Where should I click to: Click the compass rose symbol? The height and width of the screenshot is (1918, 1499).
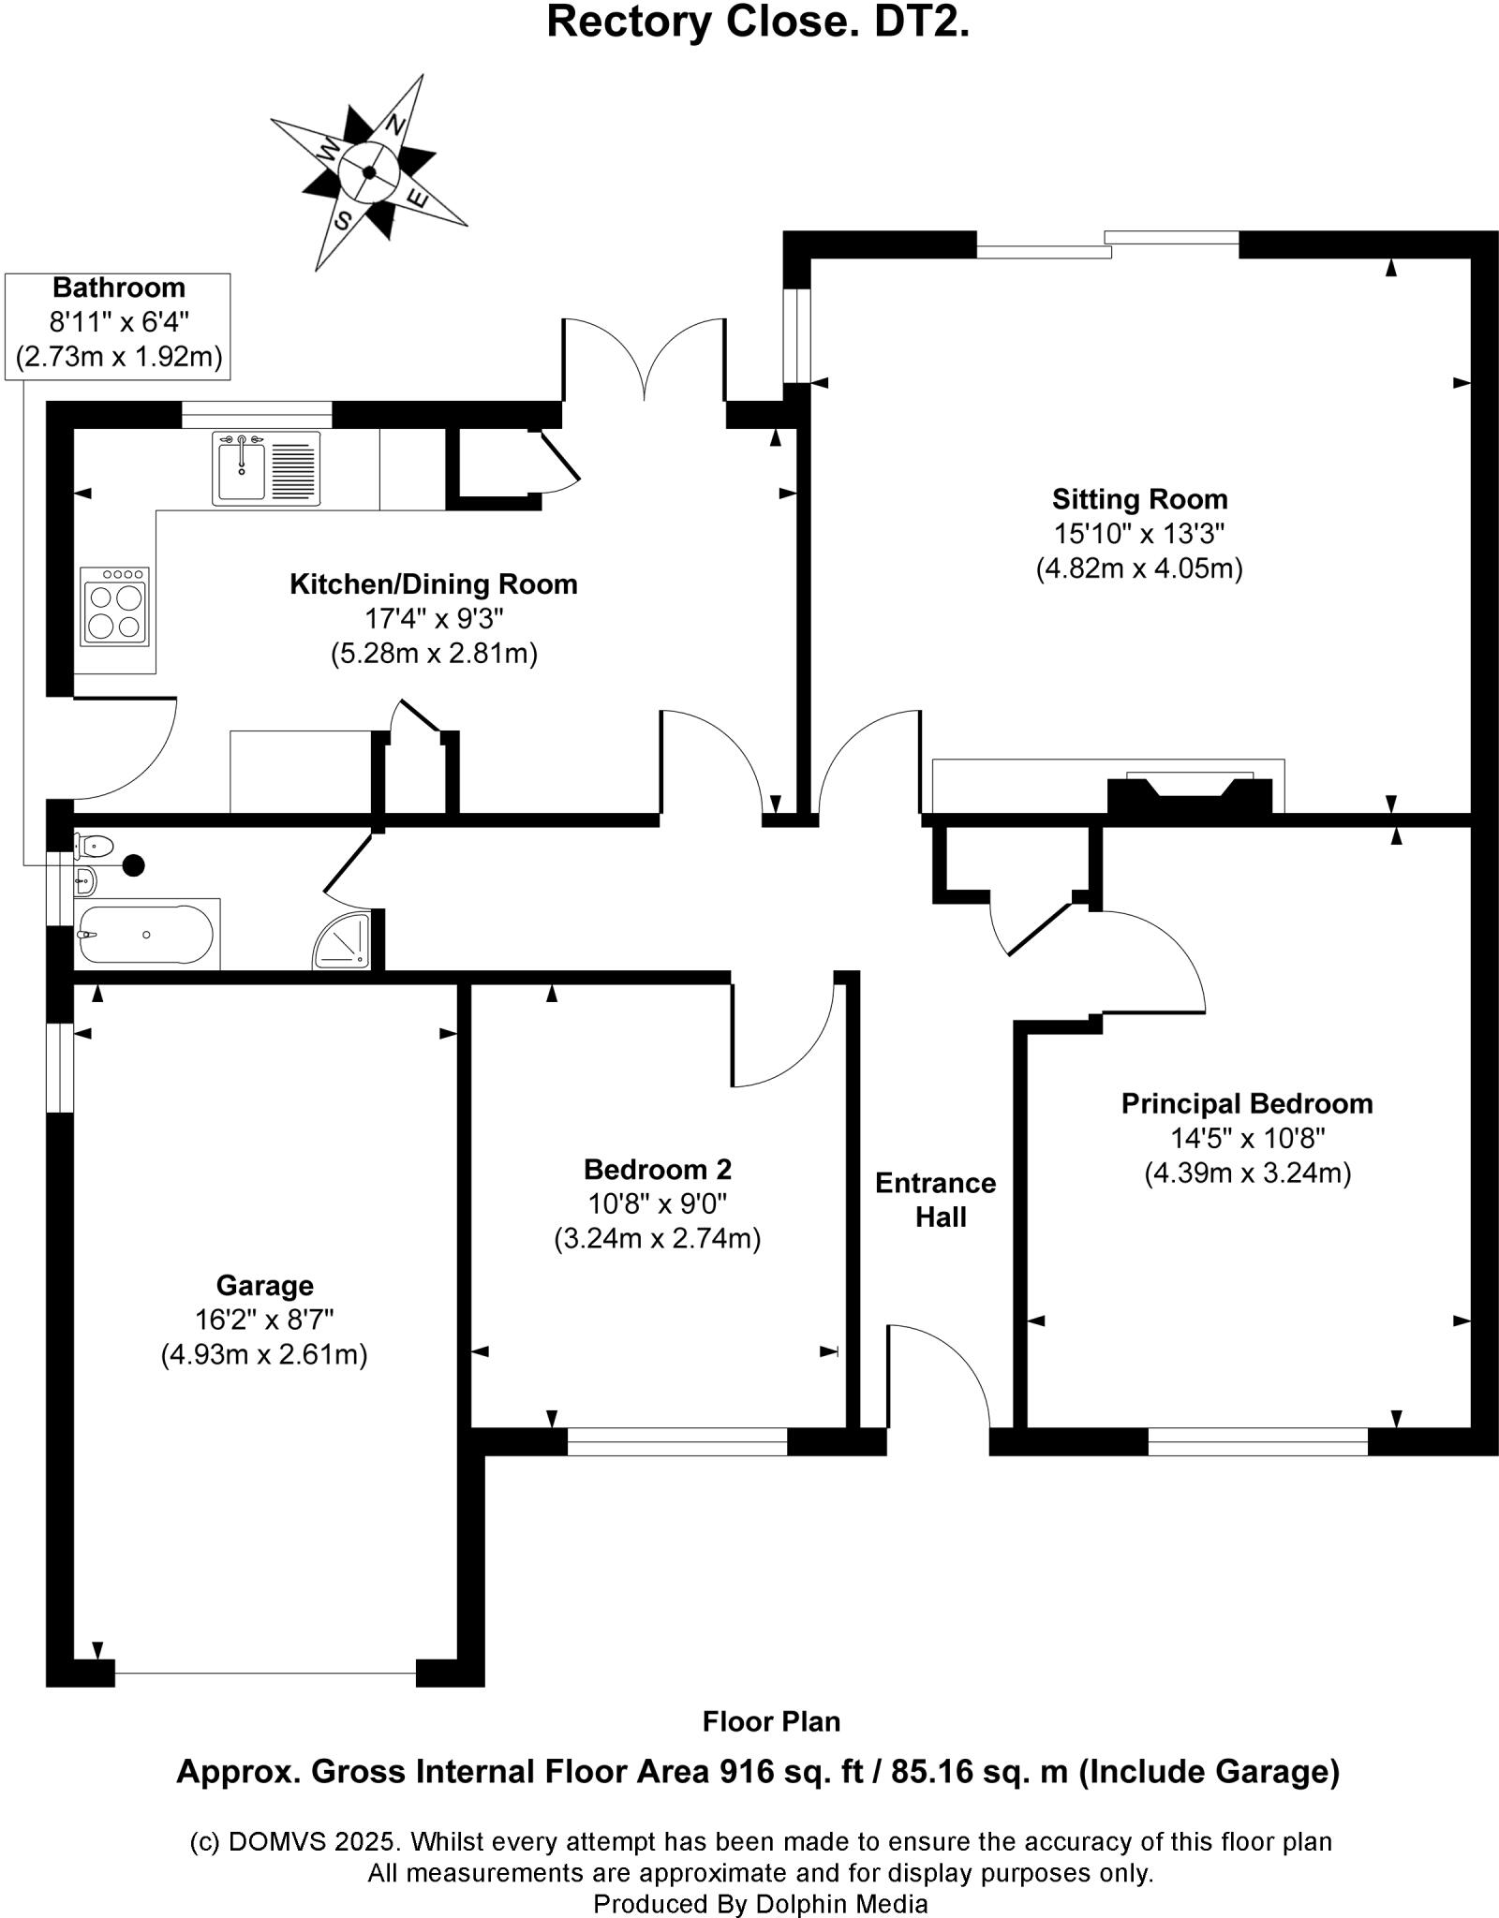(369, 173)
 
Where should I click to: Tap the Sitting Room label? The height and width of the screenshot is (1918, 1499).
(1138, 499)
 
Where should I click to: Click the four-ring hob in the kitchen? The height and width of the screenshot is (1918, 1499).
(115, 607)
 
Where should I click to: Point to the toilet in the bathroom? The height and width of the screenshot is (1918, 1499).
(94, 847)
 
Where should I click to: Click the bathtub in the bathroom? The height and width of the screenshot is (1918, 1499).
(146, 935)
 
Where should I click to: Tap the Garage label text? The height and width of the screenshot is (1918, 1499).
(264, 1285)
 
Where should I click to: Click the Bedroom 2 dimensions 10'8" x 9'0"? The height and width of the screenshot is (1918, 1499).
(657, 1203)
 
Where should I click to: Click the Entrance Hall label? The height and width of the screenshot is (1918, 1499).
(936, 1200)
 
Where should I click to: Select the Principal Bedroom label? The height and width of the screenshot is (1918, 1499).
(1247, 1103)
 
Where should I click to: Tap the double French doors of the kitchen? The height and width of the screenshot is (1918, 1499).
(644, 361)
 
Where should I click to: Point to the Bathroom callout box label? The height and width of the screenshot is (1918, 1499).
(118, 288)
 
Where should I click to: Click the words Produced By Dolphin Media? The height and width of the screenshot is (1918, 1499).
(760, 1903)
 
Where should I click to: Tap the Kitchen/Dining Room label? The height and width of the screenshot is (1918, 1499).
(433, 584)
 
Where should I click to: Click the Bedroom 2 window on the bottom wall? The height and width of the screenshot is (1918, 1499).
(677, 1442)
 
